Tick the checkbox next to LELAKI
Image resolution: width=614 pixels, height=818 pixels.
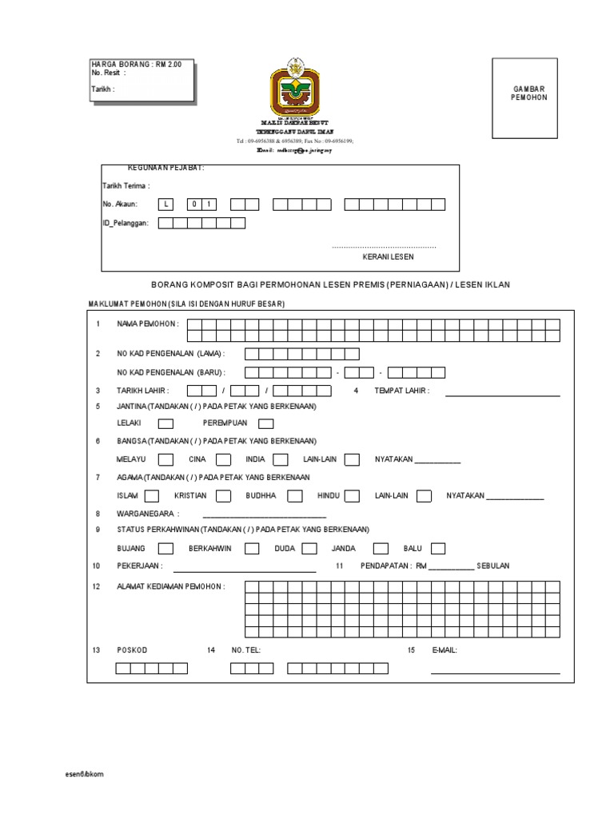[165, 423]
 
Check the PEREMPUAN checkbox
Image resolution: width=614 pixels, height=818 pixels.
[266, 423]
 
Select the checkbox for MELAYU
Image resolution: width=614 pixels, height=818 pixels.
[165, 459]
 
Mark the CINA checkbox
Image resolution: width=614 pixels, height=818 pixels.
[223, 459]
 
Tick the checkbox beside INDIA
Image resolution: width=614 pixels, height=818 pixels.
[280, 459]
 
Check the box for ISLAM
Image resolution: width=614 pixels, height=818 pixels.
[165, 496]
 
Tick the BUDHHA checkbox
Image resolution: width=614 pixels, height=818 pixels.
[294, 496]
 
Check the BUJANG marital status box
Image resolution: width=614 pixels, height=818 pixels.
[165, 549]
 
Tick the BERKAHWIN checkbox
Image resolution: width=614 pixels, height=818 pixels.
[251, 549]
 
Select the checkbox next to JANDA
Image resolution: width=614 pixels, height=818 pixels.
[381, 549]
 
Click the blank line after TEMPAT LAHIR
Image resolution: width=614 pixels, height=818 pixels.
[502, 395]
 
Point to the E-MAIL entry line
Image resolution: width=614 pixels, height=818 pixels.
[495, 673]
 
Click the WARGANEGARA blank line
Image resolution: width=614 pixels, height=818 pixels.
[264, 518]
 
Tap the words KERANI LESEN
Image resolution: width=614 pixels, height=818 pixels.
[389, 257]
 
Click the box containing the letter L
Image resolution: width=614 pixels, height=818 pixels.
[166, 204]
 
